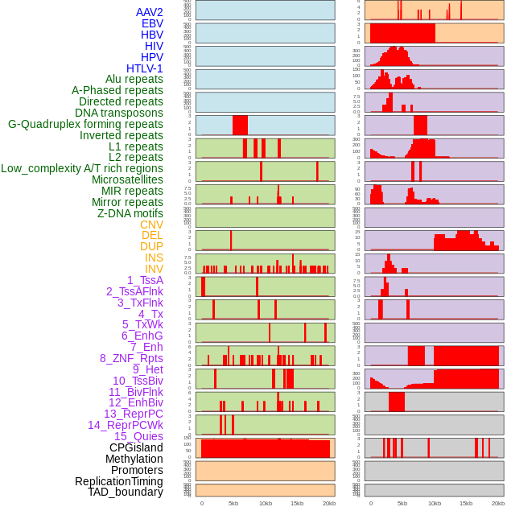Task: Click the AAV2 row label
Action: tap(149, 12)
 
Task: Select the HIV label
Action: tap(154, 46)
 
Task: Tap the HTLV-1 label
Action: tap(144, 68)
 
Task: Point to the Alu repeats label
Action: tap(134, 79)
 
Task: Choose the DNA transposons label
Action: tap(119, 113)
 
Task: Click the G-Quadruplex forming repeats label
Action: tap(85, 124)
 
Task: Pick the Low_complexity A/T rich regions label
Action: tap(82, 168)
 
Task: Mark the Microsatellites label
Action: tap(127, 179)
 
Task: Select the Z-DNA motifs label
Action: tap(130, 213)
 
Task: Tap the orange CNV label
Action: tap(151, 225)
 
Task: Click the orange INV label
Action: tap(154, 269)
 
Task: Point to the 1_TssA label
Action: tap(145, 280)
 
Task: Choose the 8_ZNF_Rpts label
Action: tap(131, 358)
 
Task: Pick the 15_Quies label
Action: tap(138, 436)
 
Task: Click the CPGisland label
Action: tap(136, 447)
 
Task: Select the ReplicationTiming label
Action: tap(119, 481)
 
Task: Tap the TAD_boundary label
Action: tap(126, 492)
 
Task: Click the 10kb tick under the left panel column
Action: tap(265, 503)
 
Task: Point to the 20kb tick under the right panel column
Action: tap(498, 503)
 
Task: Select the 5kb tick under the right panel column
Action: tap(402, 503)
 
